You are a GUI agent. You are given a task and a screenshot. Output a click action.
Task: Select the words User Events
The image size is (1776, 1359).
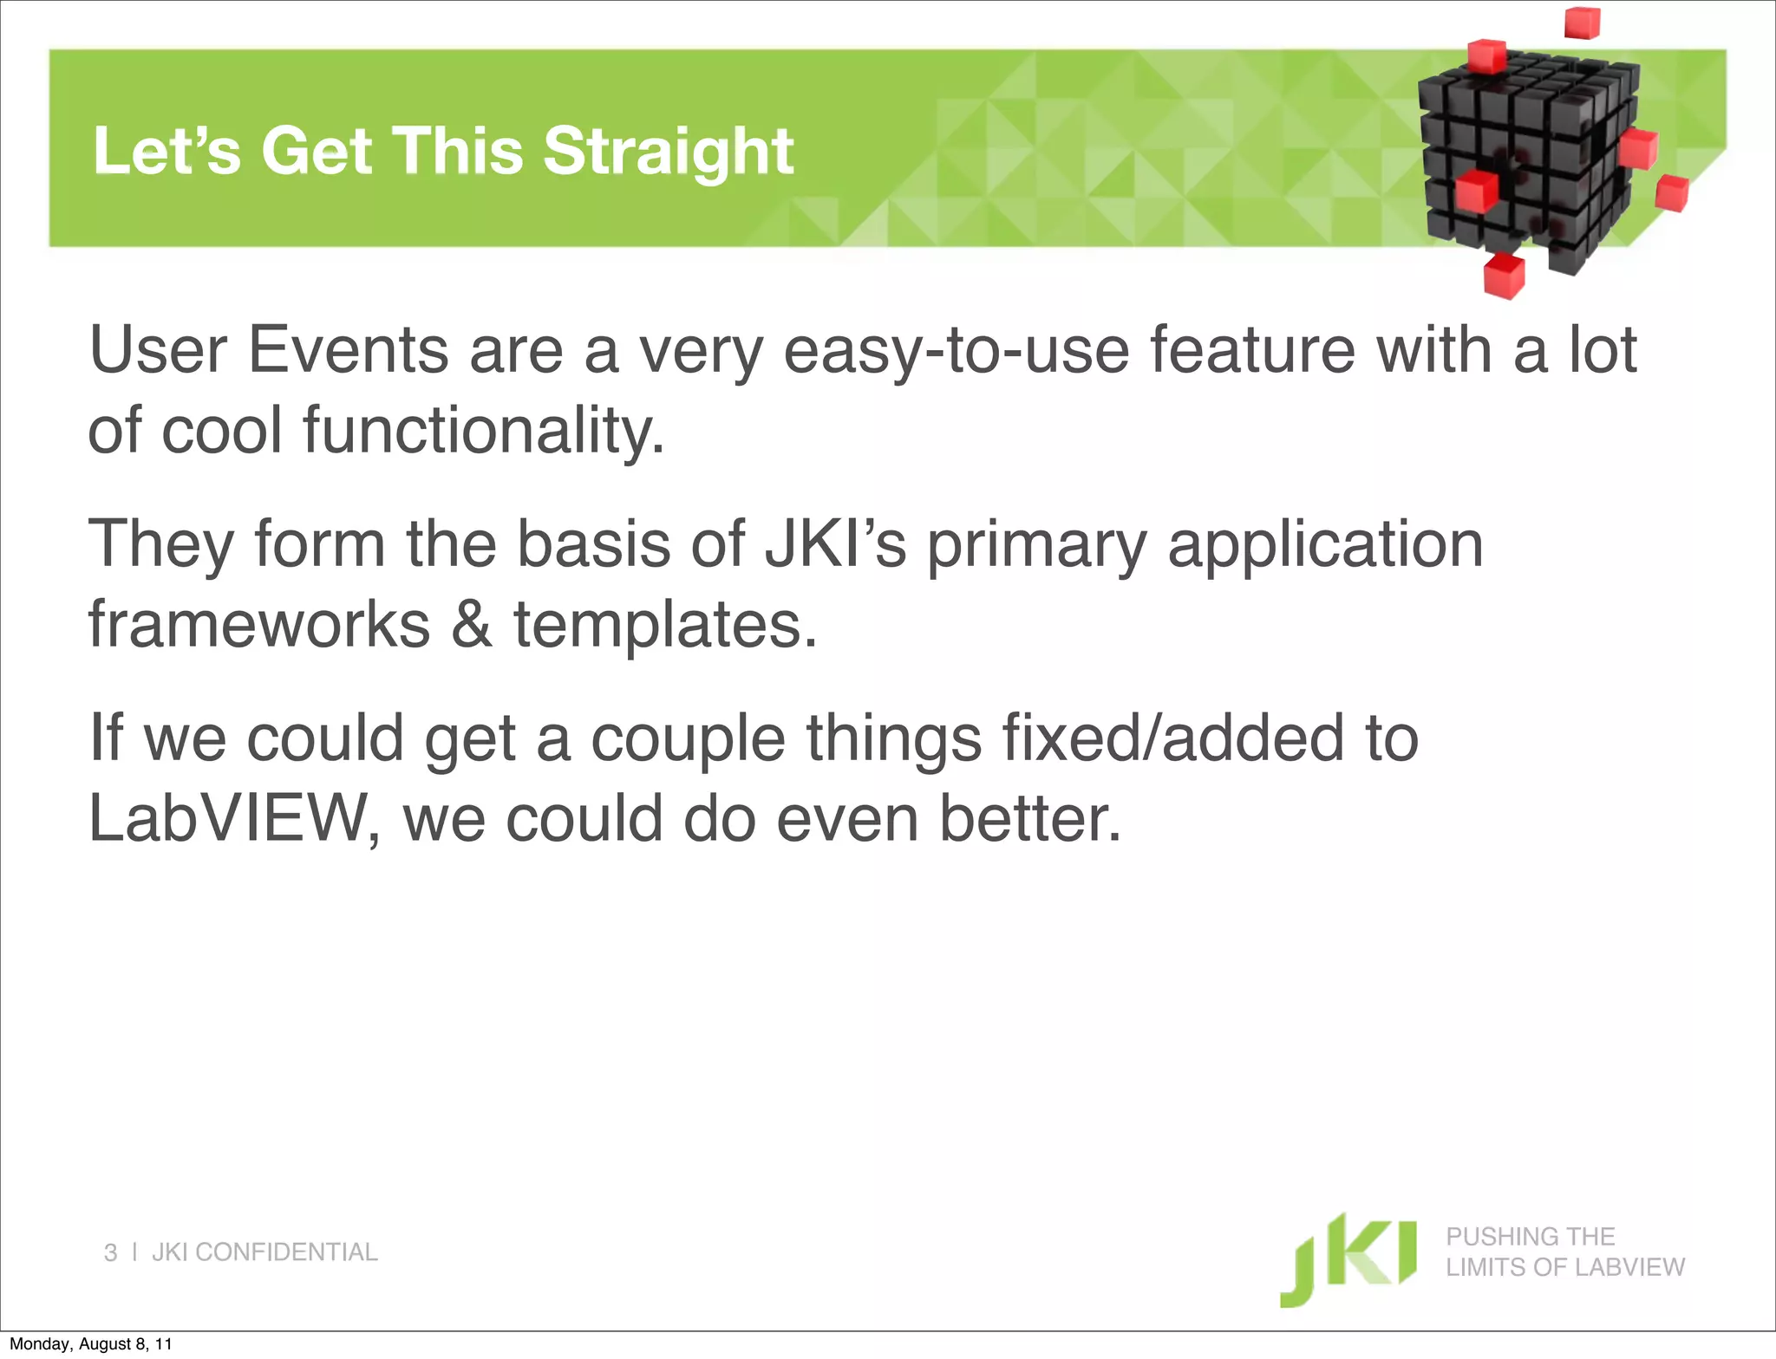269,350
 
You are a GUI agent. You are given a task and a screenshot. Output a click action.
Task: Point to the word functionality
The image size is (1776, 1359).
483,431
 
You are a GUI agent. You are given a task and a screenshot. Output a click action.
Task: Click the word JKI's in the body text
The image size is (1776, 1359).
835,544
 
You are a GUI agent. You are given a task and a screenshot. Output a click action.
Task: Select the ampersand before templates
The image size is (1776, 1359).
471,624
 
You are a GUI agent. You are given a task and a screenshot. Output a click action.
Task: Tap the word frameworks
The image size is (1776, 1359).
258,624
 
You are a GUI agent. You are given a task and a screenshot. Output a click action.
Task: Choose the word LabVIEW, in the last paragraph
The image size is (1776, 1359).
234,819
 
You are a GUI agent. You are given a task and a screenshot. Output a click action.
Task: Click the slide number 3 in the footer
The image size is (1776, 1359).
110,1252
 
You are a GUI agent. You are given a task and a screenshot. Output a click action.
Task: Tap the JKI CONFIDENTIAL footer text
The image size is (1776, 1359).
264,1252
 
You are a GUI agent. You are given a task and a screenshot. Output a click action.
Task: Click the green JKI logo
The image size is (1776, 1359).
1348,1259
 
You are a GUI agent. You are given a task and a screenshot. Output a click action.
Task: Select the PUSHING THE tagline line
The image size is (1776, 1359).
1530,1236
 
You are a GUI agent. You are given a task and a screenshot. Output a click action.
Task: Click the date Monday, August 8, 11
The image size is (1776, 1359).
90,1344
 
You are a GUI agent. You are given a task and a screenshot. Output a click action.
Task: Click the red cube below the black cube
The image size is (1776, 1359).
1504,276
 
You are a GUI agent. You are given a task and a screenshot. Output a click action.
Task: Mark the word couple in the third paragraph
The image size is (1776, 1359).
688,738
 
